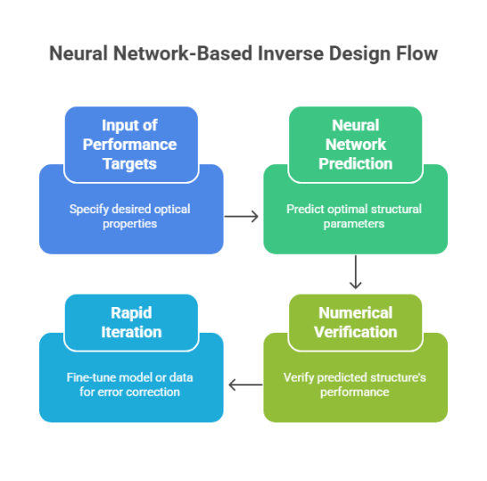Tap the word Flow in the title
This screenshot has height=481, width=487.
click(x=416, y=54)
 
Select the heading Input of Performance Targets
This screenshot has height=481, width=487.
click(x=130, y=144)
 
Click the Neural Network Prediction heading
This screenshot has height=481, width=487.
click(x=355, y=145)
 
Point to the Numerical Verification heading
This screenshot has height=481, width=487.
click(x=355, y=322)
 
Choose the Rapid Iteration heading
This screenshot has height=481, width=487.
click(x=131, y=322)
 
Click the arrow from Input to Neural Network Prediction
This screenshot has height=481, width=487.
click(x=242, y=216)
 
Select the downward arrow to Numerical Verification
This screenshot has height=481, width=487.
click(x=355, y=272)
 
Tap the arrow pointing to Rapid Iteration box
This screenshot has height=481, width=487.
click(x=245, y=385)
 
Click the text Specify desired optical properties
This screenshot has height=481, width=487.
click(x=130, y=216)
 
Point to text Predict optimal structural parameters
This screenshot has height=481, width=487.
click(x=354, y=216)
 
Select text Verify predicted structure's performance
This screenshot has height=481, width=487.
click(x=354, y=385)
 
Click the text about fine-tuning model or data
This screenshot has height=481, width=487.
click(x=130, y=385)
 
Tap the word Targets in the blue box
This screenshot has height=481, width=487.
click(x=130, y=163)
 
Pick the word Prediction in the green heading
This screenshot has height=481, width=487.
click(x=355, y=164)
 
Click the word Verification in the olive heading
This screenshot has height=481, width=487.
click(x=355, y=332)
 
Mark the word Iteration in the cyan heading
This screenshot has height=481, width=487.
click(x=131, y=332)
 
